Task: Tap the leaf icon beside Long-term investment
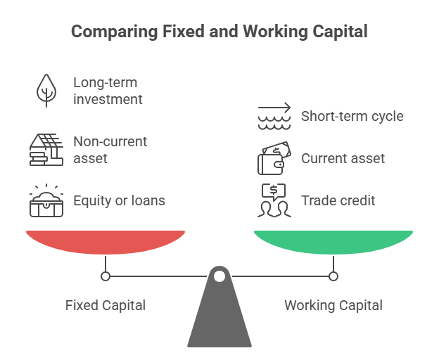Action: (46, 90)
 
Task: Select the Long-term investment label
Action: (108, 91)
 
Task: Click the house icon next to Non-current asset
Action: (46, 149)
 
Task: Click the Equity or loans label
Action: (119, 200)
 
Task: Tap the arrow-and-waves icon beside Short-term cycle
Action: (274, 116)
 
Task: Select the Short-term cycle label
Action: (352, 116)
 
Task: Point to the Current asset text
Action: (343, 158)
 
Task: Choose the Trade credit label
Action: (338, 200)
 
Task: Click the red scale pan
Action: (106, 241)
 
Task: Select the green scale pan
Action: (333, 241)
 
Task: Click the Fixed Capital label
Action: (106, 305)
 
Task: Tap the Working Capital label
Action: (333, 305)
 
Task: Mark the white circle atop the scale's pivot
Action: (220, 276)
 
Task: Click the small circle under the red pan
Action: (106, 276)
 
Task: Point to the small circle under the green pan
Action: (333, 276)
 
